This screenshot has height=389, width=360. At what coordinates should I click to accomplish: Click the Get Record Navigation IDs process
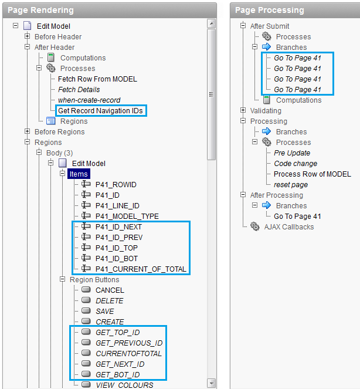tap(100, 110)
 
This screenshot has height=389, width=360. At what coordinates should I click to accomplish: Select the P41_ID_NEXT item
tap(118, 226)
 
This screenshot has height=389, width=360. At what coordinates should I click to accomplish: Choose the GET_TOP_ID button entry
tap(117, 332)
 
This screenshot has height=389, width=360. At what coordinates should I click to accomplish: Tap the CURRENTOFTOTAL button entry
tap(128, 353)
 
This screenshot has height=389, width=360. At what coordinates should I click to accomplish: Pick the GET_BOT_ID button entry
tap(117, 374)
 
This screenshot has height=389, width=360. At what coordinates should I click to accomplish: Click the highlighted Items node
tap(79, 174)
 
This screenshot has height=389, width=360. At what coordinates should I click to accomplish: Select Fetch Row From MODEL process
tap(97, 79)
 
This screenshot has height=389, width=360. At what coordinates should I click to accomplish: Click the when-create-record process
tap(89, 100)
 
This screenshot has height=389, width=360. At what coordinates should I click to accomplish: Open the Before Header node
tap(58, 36)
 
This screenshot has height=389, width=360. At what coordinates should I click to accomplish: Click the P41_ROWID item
tap(116, 184)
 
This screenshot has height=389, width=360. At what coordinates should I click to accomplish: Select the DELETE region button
tap(110, 300)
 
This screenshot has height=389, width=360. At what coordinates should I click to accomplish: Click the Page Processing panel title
tap(270, 10)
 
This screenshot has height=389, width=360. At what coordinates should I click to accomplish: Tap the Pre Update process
tap(292, 153)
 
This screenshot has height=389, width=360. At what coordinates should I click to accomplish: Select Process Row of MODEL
tap(312, 174)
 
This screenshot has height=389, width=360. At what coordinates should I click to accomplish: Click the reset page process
tap(291, 184)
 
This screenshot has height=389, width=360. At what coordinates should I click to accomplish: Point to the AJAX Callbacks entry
tap(288, 226)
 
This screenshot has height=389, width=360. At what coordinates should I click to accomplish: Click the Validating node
tap(266, 110)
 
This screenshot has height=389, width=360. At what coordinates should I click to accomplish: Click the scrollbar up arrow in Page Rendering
tap(212, 23)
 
